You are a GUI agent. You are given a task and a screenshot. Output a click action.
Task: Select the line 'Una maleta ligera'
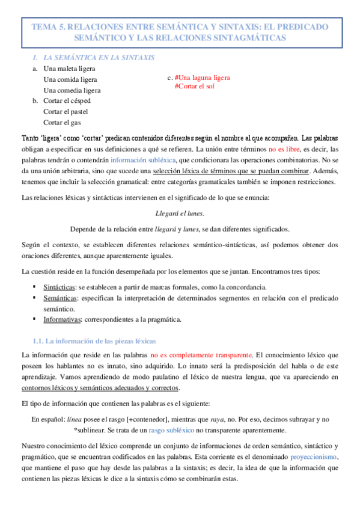click(70, 69)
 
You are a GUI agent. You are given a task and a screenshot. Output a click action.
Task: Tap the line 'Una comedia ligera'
click(72, 90)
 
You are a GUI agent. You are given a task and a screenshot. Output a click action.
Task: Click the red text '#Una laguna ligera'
click(203, 78)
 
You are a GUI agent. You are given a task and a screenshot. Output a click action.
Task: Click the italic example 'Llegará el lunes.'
click(180, 213)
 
